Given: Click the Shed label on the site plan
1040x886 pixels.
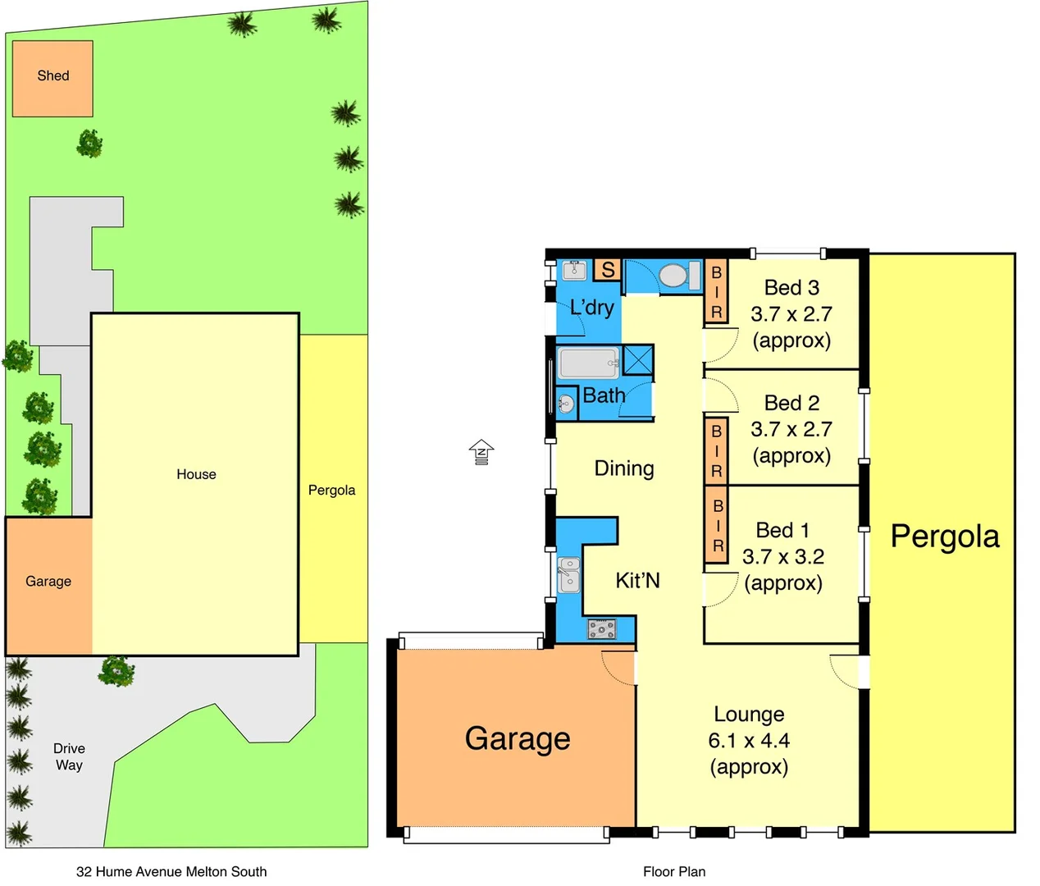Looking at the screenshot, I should point(53,75).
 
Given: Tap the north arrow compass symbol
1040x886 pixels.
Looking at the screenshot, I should point(481,452).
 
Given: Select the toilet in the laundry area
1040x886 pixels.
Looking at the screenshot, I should point(673,276).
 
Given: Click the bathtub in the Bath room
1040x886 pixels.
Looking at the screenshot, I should point(588,363).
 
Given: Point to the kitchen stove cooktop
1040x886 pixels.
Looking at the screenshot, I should point(601,629).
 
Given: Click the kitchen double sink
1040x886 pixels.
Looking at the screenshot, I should point(569,574).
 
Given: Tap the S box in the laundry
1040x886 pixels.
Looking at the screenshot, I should point(608,270).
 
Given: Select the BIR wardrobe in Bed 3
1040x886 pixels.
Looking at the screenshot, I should point(716,292).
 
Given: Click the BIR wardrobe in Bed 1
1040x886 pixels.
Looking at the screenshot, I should point(717,526).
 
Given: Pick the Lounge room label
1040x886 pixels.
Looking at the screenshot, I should point(749,715).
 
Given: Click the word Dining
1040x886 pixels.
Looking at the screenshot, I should point(624,468).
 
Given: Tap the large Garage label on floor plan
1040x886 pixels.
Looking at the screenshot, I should point(518,738).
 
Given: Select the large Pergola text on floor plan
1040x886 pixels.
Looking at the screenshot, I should point(945,537).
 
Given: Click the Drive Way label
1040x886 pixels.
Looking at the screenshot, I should point(69,756).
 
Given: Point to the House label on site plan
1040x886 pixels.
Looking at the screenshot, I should point(196,474).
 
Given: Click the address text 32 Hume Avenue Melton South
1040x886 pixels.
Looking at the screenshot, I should point(171,871).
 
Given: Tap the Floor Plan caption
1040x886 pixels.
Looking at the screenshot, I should point(674,871).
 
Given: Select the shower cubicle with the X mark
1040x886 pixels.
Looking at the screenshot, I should point(638,360).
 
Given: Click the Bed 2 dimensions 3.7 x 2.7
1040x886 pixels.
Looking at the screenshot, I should point(791,429).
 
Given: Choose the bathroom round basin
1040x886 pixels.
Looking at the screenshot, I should point(566,403).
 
